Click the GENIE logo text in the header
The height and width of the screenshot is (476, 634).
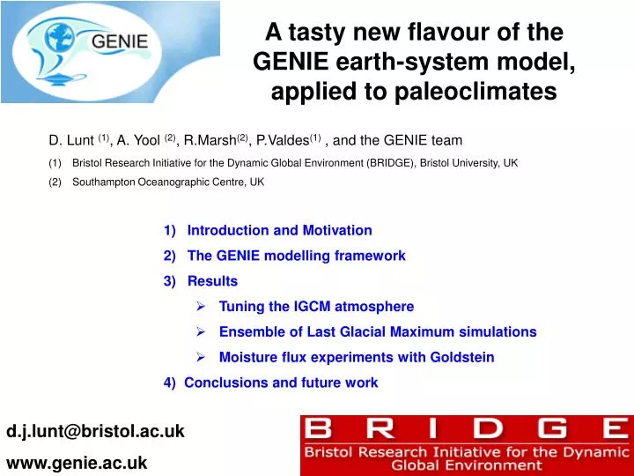click(120, 41)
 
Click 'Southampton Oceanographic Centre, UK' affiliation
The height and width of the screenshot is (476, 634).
click(167, 182)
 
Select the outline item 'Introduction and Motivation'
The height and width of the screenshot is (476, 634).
click(279, 230)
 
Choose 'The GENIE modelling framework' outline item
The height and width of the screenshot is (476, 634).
click(296, 256)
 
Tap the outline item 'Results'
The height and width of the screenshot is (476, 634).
click(212, 281)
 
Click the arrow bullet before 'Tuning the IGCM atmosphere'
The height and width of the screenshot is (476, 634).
click(202, 307)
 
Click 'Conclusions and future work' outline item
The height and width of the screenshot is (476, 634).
click(281, 383)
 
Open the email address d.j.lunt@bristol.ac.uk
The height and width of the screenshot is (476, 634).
click(96, 431)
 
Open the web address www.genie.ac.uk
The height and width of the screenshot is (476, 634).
click(77, 462)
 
